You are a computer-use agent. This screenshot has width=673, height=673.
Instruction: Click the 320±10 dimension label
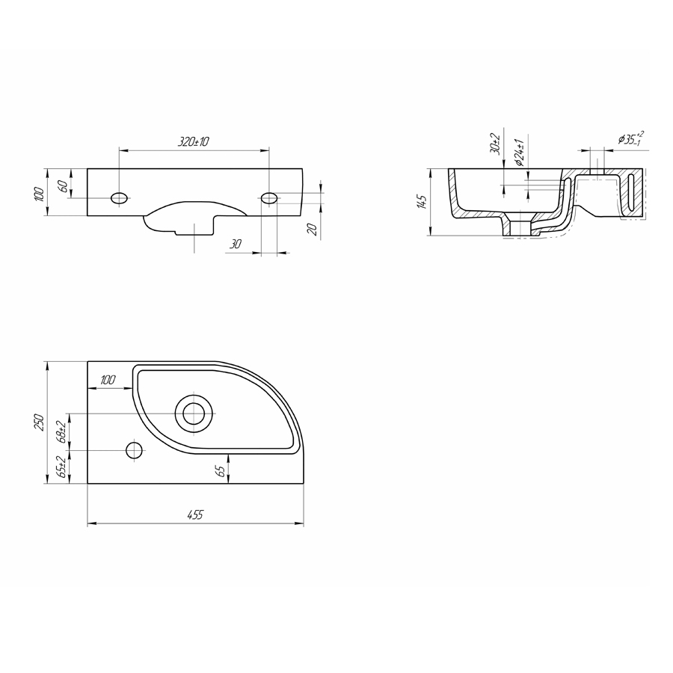(194, 141)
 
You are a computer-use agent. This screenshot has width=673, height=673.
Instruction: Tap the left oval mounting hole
(119, 198)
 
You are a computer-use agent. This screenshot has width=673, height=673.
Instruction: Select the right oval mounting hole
(269, 198)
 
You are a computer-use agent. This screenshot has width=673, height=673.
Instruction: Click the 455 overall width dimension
(195, 514)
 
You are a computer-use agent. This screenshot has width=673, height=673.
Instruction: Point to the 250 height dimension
(39, 422)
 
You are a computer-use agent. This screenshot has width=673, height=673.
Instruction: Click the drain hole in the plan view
(194, 414)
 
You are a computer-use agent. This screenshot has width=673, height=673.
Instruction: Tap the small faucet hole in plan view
(134, 450)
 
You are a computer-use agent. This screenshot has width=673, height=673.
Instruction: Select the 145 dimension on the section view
(422, 202)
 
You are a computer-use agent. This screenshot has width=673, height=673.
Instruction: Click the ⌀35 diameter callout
(629, 138)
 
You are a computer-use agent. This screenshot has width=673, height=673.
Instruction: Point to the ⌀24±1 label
(520, 153)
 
